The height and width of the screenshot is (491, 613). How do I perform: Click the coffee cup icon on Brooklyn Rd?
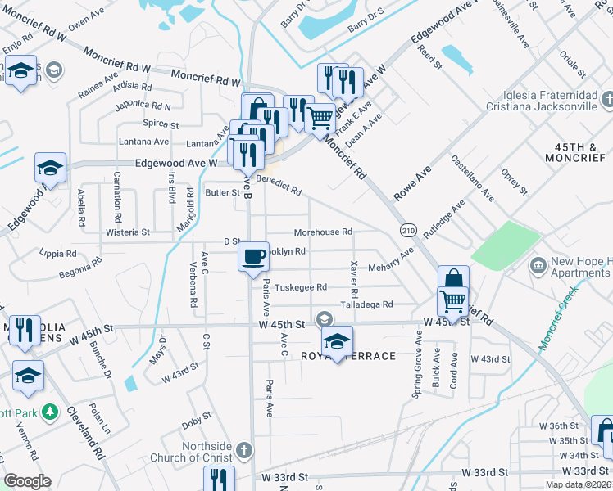253,255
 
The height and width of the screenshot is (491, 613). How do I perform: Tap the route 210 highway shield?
407,232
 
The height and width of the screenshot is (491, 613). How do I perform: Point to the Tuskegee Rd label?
301,287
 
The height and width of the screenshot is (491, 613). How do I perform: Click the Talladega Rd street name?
366,304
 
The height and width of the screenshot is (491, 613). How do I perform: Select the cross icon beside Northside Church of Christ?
243,450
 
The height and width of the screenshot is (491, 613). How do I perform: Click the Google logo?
27,481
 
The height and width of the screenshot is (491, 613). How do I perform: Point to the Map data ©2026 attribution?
578,484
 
